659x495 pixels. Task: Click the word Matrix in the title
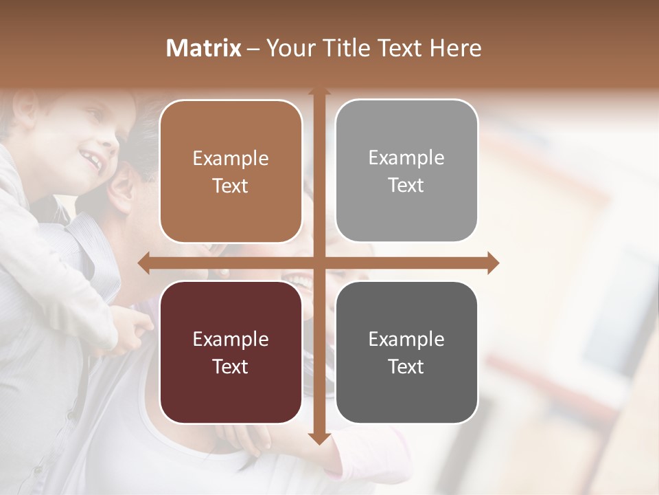(204, 48)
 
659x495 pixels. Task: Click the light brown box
(231, 171)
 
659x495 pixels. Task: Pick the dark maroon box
(231, 352)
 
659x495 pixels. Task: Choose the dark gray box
(406, 352)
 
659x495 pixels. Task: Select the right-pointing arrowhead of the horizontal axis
(492, 263)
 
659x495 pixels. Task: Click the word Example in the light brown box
(231, 159)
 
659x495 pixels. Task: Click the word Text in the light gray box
(406, 185)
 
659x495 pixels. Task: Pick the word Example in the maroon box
(231, 339)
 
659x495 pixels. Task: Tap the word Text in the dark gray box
(406, 366)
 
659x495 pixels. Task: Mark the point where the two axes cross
(319, 263)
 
